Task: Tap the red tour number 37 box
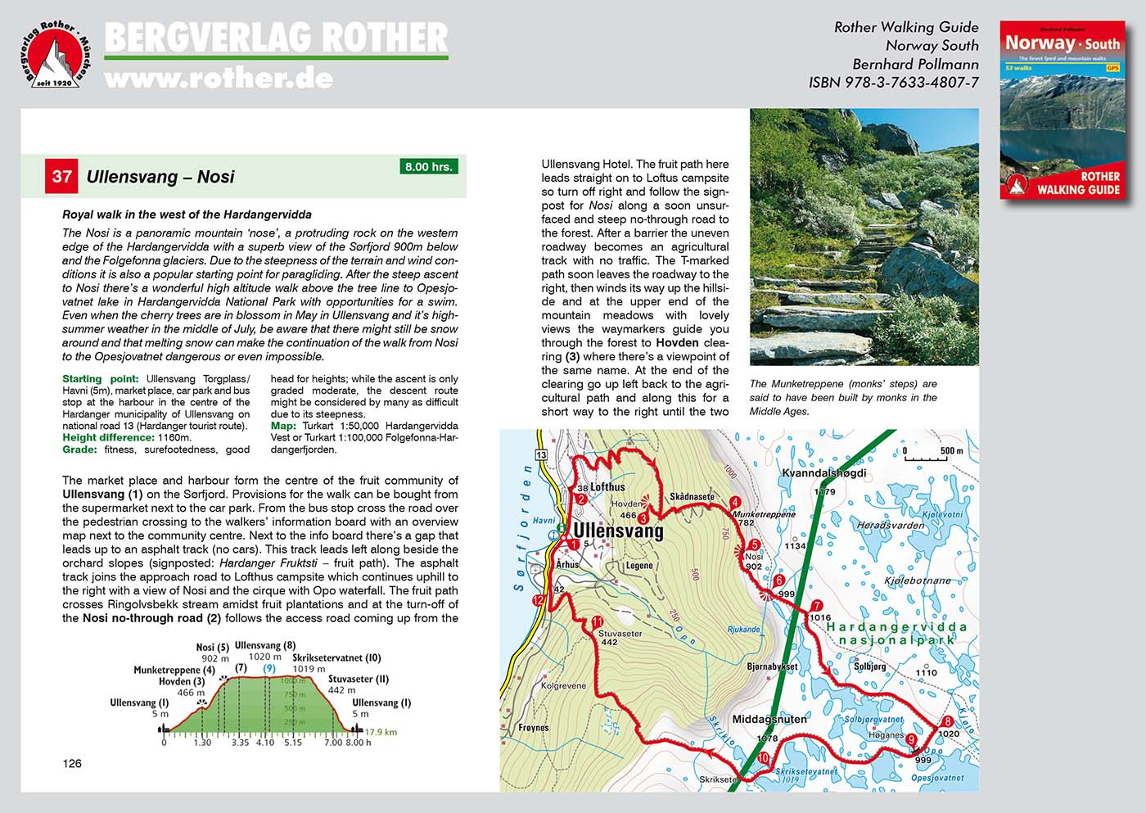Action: tap(62, 177)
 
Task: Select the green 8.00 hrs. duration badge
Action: tap(429, 166)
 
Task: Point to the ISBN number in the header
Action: tap(894, 83)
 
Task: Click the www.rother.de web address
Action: tap(219, 79)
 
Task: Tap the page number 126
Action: tap(72, 764)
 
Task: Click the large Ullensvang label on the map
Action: tap(618, 531)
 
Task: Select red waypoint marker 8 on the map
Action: tap(947, 721)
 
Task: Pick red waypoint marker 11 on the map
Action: tap(598, 621)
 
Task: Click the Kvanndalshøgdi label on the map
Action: tap(823, 473)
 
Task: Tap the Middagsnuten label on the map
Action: tap(769, 719)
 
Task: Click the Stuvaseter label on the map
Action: tap(620, 633)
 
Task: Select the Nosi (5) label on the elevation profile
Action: tap(212, 648)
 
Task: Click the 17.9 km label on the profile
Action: tap(381, 732)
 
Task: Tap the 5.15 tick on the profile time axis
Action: tap(293, 743)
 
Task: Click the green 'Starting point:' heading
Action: tap(93, 379)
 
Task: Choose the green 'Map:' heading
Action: tap(283, 426)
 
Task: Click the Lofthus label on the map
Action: tap(607, 487)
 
